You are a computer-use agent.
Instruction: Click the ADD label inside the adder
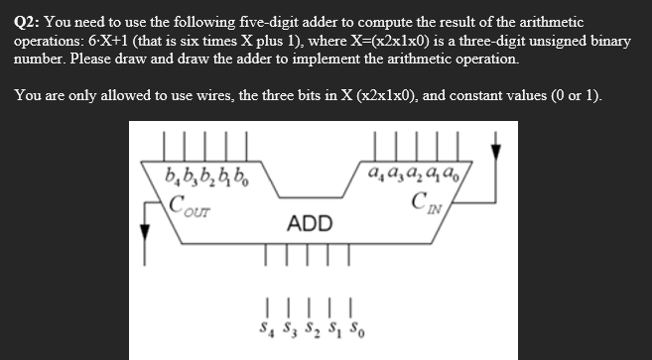[311, 223]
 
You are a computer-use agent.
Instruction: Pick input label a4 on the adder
[373, 181]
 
